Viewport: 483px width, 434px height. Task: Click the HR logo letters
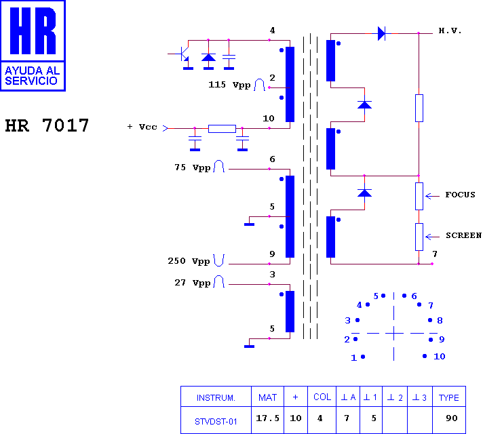pos(33,31)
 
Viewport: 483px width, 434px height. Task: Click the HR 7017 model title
pos(47,125)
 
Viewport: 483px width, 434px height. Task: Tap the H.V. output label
pos(450,31)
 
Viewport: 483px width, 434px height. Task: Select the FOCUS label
pos(460,195)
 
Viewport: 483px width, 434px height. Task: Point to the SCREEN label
pos(463,235)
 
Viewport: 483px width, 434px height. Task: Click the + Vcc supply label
pos(142,127)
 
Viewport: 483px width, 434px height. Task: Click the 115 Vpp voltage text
pos(229,85)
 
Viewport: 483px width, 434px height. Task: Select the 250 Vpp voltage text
pos(189,261)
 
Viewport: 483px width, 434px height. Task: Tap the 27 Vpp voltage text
pos(193,283)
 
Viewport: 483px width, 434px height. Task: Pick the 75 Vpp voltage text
pos(193,167)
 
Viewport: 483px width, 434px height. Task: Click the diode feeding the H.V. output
pos(381,33)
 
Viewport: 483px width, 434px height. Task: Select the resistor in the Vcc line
pos(222,128)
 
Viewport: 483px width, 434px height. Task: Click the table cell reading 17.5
pos(267,418)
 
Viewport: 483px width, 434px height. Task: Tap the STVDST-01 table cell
pos(216,421)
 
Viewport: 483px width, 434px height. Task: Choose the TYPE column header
pos(449,397)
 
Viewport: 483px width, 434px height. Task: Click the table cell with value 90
pos(452,418)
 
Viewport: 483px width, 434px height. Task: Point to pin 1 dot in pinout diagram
pos(363,357)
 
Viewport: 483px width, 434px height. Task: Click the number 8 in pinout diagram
pos(440,320)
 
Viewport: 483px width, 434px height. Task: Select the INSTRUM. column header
pos(216,397)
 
